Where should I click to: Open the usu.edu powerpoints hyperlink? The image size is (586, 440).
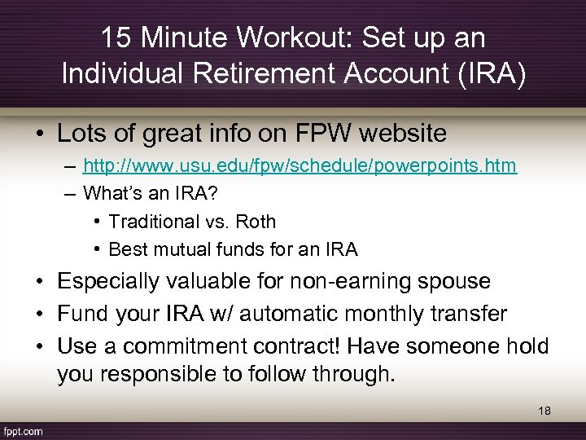[x=300, y=166]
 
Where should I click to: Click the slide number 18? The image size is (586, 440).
[x=544, y=411]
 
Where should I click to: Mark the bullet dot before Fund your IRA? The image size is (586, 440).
[x=41, y=314]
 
